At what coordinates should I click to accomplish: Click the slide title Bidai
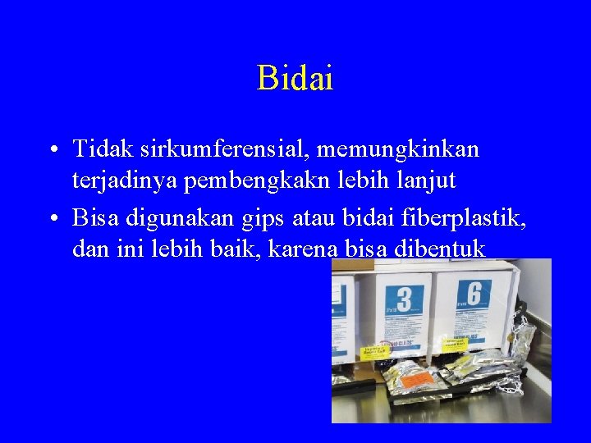point(295,78)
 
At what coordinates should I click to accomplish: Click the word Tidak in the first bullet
point(103,149)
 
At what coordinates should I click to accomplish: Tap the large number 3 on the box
point(404,297)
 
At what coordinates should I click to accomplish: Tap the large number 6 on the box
point(475,293)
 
